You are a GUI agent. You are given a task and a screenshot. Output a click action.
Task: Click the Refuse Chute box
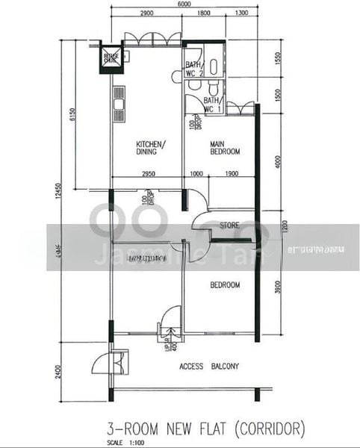(x=105, y=58)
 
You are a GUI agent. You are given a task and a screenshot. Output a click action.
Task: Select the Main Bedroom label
(x=225, y=148)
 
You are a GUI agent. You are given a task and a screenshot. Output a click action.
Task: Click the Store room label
(x=229, y=225)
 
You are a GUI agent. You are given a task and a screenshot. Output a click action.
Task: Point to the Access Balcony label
(x=210, y=367)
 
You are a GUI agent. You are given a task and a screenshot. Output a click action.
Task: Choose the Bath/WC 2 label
(x=195, y=69)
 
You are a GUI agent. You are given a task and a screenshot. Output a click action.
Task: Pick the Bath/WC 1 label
(x=212, y=105)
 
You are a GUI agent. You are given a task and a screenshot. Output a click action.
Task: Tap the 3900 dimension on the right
(x=277, y=287)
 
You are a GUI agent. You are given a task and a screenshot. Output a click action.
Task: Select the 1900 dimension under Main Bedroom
(x=231, y=173)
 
